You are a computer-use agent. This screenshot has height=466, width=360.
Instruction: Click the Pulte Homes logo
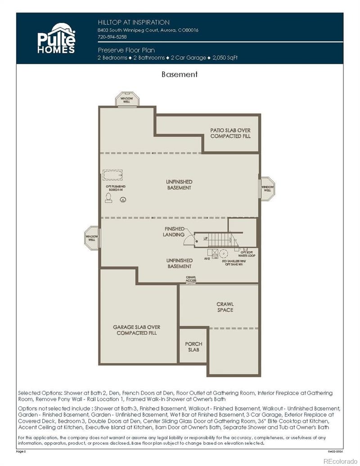56,38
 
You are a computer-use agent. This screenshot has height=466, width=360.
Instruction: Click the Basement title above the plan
180,74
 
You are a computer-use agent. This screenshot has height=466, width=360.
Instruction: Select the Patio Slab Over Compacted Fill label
230,133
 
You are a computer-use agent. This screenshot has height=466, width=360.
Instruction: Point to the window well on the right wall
267,187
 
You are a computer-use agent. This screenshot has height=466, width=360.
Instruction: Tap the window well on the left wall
92,237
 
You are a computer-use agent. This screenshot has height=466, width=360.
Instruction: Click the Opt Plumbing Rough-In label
116,188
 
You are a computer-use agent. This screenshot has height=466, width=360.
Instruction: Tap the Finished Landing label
174,231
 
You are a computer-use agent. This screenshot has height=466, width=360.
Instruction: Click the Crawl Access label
191,279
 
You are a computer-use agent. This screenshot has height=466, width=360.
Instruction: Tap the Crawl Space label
225,307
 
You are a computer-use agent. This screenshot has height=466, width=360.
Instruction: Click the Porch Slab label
193,347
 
